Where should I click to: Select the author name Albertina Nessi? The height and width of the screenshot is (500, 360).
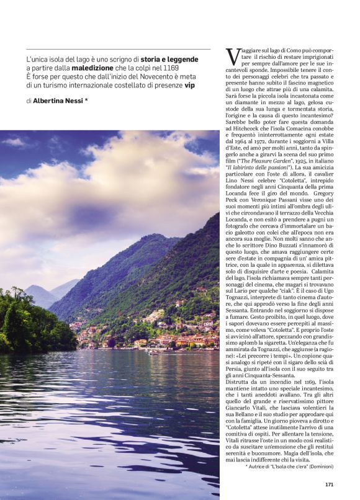click(x=60, y=100)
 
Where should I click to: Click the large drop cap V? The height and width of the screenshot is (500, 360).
click(x=232, y=57)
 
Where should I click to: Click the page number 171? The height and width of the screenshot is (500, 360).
click(x=330, y=484)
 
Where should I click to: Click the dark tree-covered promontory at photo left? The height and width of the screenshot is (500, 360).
click(x=31, y=323)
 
